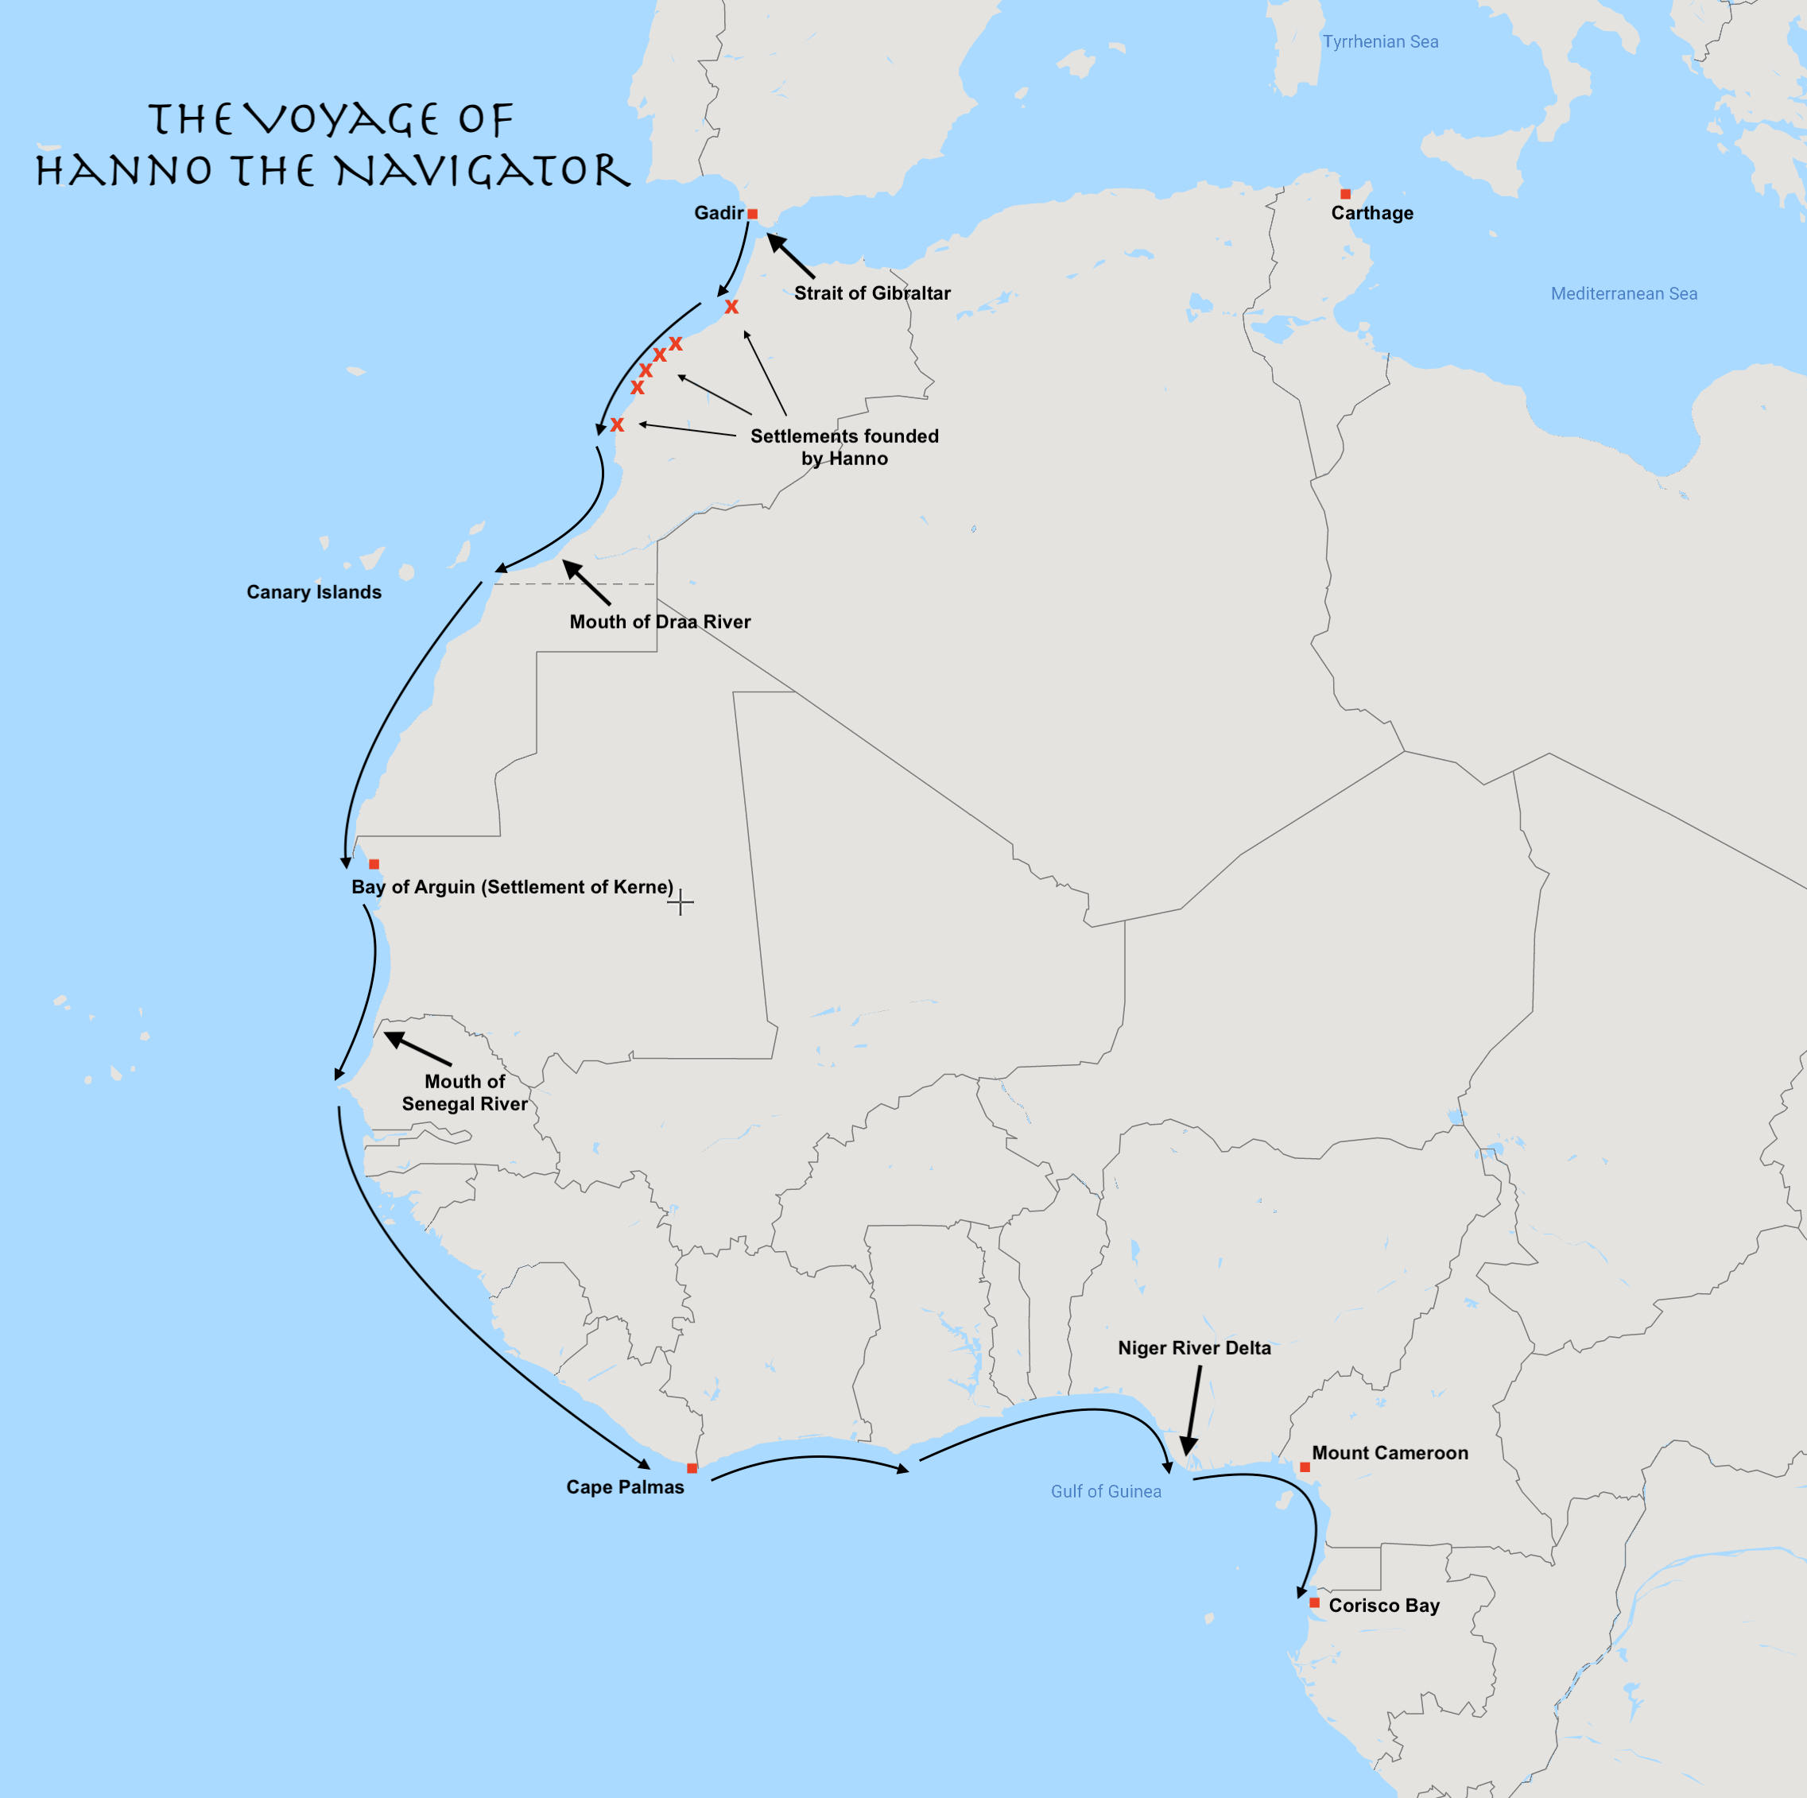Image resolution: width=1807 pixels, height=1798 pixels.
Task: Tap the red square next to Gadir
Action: tap(753, 214)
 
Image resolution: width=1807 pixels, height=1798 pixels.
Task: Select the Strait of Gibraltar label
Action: tap(871, 293)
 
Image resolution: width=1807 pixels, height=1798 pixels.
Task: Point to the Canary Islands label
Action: tap(314, 592)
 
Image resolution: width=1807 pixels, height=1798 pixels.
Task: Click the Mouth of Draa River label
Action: tap(659, 622)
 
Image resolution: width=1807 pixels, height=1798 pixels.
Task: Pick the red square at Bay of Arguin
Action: tap(374, 864)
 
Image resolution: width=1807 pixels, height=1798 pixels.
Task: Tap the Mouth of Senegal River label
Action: tap(465, 1092)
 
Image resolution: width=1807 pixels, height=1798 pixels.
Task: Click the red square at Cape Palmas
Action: tap(692, 1468)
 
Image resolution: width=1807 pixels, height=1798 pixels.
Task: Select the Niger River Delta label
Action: tap(1194, 1347)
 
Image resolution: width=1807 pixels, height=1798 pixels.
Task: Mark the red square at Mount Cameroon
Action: tap(1305, 1467)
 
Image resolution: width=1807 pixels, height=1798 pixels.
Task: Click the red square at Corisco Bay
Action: tap(1314, 1602)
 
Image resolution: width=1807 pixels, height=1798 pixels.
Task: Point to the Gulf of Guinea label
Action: tap(1106, 1491)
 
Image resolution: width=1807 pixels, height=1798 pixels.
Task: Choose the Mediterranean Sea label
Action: tap(1623, 293)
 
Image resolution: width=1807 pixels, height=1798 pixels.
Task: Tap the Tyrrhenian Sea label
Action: tap(1381, 41)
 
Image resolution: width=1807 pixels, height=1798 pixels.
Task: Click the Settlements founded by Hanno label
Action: tap(844, 447)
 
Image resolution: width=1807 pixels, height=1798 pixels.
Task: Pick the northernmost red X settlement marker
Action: tap(731, 307)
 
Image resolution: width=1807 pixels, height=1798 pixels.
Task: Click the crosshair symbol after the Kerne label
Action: tap(681, 902)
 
